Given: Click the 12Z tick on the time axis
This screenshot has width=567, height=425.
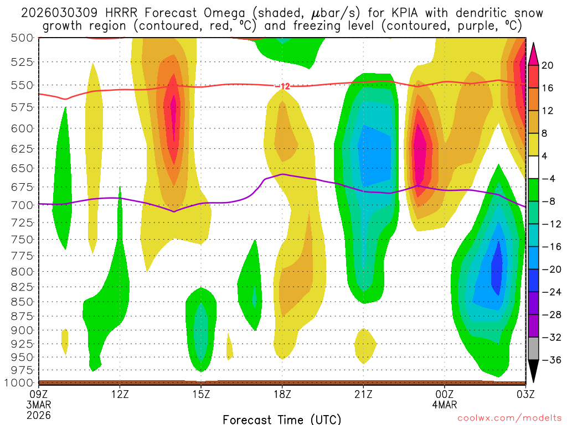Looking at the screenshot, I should (x=120, y=394).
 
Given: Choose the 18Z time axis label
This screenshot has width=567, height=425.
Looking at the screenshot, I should (x=282, y=394).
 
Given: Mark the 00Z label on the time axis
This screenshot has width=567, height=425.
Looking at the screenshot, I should (x=444, y=394).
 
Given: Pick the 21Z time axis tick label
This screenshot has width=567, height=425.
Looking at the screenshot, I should (x=363, y=394).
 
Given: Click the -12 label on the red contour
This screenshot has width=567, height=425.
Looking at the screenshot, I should (x=282, y=86).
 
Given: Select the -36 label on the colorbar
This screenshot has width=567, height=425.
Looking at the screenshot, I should (x=548, y=360).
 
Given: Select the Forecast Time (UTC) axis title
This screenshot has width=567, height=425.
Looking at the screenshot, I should (x=282, y=419).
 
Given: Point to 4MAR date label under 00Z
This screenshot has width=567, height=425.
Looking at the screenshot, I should (x=444, y=404).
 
